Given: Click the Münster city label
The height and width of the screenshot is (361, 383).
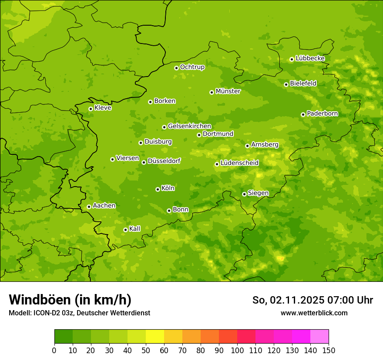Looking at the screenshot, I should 228,91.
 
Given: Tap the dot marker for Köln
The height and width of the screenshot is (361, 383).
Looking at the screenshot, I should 158,189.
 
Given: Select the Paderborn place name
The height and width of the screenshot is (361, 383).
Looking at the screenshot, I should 322,114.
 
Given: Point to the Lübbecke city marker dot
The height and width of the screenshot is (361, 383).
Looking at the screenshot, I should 292,59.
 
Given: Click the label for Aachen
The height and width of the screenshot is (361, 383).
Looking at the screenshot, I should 104,206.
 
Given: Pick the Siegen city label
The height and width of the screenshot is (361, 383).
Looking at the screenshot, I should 258,193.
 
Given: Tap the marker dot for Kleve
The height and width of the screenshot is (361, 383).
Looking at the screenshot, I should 91,109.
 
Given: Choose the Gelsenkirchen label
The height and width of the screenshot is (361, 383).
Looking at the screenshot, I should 189,126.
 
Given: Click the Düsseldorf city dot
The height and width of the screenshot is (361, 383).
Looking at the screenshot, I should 144,162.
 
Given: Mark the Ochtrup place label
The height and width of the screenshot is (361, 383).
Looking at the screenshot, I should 192,67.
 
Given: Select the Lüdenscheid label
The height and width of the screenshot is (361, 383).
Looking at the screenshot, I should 239,163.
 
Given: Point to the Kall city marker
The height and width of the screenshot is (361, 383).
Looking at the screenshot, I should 125,230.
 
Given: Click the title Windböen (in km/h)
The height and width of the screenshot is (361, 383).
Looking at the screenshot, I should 70,300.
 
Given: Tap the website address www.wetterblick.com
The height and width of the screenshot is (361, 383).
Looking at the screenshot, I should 314,313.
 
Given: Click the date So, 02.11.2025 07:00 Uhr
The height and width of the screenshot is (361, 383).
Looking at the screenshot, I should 312,300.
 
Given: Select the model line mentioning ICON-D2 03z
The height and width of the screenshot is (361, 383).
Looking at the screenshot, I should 79,313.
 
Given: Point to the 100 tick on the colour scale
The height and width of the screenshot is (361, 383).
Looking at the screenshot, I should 237,350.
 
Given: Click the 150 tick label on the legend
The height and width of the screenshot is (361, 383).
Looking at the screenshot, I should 329,350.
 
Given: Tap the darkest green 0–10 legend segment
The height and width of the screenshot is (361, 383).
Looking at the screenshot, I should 64,337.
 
